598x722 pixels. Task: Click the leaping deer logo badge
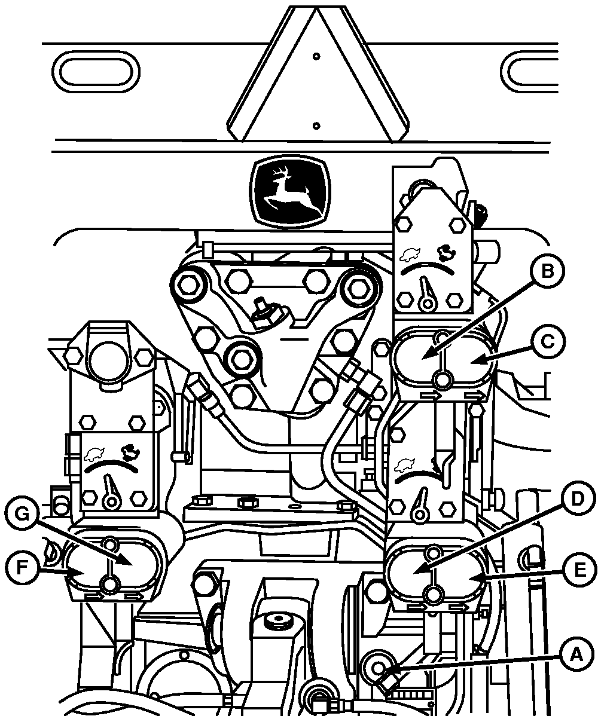pos(289,193)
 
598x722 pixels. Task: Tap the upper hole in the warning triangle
pos(316,57)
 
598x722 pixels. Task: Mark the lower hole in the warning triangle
pos(316,126)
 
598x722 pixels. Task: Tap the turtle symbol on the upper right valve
pos(411,256)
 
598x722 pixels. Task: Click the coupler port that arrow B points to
pos(419,357)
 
